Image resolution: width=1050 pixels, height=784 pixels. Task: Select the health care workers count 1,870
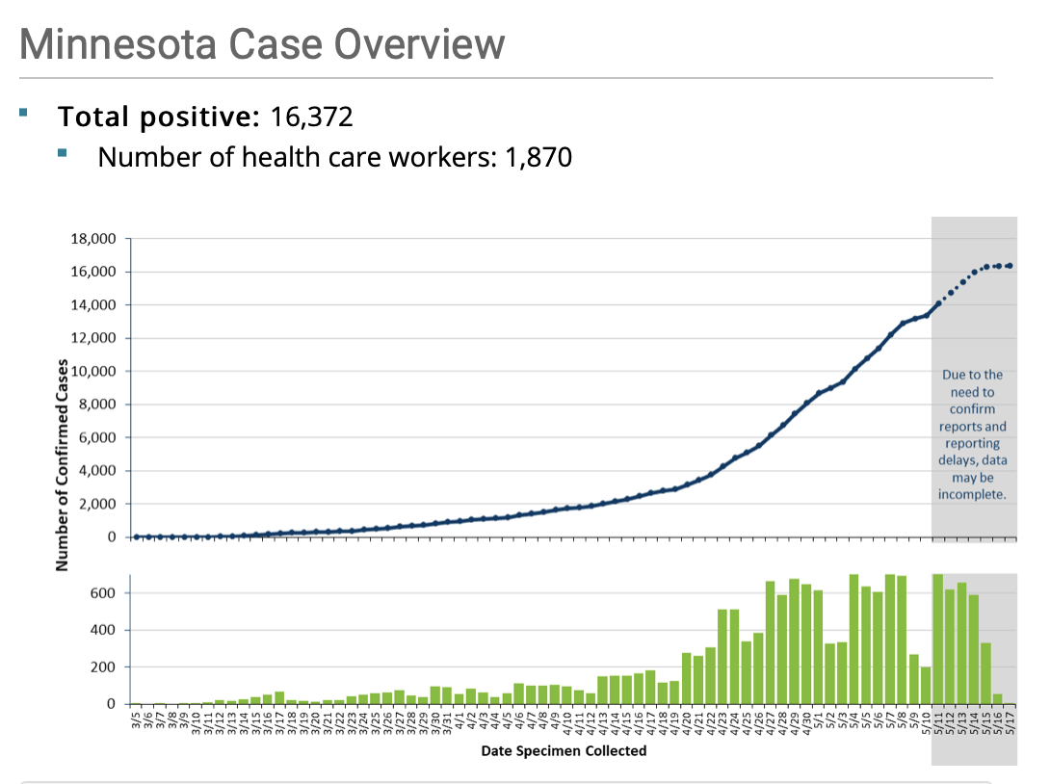[x=538, y=156]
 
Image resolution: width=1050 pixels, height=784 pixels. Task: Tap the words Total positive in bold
[x=159, y=118]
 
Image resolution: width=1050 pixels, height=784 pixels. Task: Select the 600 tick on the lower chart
[x=102, y=593]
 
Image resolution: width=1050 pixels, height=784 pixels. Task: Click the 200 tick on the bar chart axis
[x=102, y=666]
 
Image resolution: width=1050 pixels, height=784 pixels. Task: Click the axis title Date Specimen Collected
[x=564, y=750]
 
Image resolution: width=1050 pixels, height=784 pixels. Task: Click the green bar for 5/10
[x=926, y=685]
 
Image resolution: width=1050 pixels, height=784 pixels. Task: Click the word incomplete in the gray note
[x=972, y=495]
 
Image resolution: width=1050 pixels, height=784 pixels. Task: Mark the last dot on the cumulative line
[x=1010, y=266]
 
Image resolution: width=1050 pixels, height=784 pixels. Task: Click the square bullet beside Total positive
[x=24, y=114]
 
